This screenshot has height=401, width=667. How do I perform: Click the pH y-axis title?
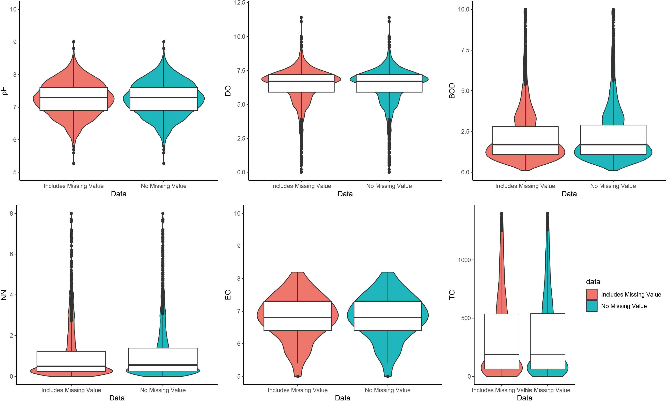tap(5, 91)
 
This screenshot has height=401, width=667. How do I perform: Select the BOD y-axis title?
tap(452, 91)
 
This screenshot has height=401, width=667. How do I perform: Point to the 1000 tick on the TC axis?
tap(464, 260)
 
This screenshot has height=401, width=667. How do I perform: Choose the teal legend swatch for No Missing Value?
tap(592, 306)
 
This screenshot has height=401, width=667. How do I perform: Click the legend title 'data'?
tap(593, 282)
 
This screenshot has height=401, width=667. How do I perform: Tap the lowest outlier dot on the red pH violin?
tap(74, 163)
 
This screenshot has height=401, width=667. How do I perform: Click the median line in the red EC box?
tap(298, 318)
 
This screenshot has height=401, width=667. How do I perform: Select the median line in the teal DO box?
tap(389, 81)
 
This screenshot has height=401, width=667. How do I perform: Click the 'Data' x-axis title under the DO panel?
tap(345, 194)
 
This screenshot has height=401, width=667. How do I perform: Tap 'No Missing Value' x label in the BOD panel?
tap(613, 186)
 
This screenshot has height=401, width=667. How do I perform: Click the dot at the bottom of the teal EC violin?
tap(388, 376)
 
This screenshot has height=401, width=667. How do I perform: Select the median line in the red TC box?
tap(502, 354)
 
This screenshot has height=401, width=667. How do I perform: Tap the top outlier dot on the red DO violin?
tap(301, 18)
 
